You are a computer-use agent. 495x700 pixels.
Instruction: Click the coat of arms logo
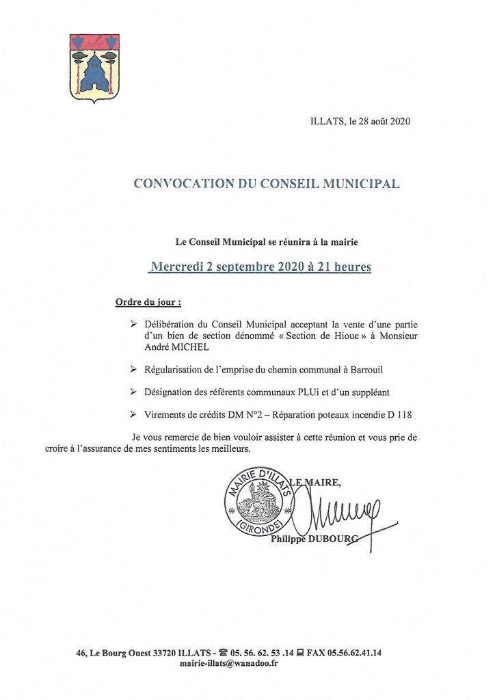(x=95, y=68)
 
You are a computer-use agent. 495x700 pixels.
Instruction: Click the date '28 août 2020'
(x=380, y=122)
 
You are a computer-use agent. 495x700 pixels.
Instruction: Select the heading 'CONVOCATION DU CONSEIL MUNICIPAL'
(x=266, y=183)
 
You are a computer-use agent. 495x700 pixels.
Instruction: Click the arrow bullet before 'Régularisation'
(x=133, y=369)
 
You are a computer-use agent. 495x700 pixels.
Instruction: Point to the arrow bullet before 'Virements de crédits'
(x=133, y=414)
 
